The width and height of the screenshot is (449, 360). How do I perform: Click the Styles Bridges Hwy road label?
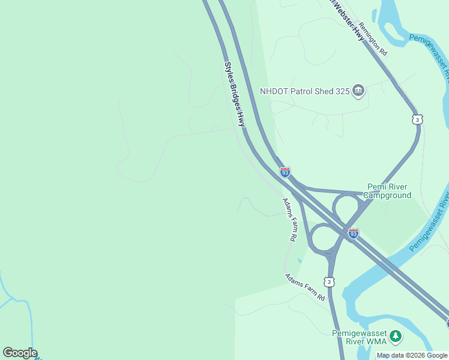coord(235,94)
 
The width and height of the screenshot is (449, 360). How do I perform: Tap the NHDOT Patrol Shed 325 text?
coord(304,92)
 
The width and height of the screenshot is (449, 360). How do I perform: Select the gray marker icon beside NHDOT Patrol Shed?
coord(358,91)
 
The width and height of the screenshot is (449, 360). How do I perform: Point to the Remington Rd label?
coord(373,40)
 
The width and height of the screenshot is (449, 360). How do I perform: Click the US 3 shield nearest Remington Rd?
coord(417,119)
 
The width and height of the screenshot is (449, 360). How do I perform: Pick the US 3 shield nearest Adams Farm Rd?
coord(329,281)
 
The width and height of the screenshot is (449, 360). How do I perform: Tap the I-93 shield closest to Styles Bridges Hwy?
coord(285,173)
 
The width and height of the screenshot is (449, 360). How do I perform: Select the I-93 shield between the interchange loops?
coord(353,233)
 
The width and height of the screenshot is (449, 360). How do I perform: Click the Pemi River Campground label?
coord(389,191)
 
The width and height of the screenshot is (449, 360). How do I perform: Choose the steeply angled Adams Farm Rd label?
coord(289,220)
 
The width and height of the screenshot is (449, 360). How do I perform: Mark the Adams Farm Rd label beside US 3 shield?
coord(305,287)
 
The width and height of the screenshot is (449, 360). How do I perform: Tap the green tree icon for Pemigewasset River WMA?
coord(395,337)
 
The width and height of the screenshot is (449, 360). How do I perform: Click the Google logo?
coord(20,353)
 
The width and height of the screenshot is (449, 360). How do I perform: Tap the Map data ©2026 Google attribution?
coord(412,355)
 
